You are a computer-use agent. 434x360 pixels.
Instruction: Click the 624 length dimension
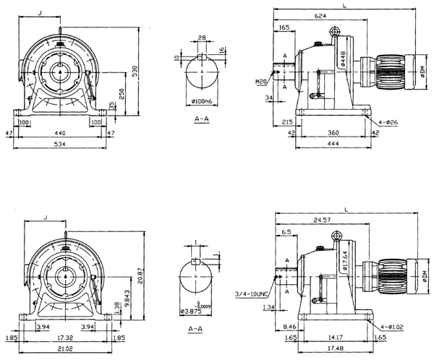(319, 14)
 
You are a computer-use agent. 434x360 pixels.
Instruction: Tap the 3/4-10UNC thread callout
(252, 294)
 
